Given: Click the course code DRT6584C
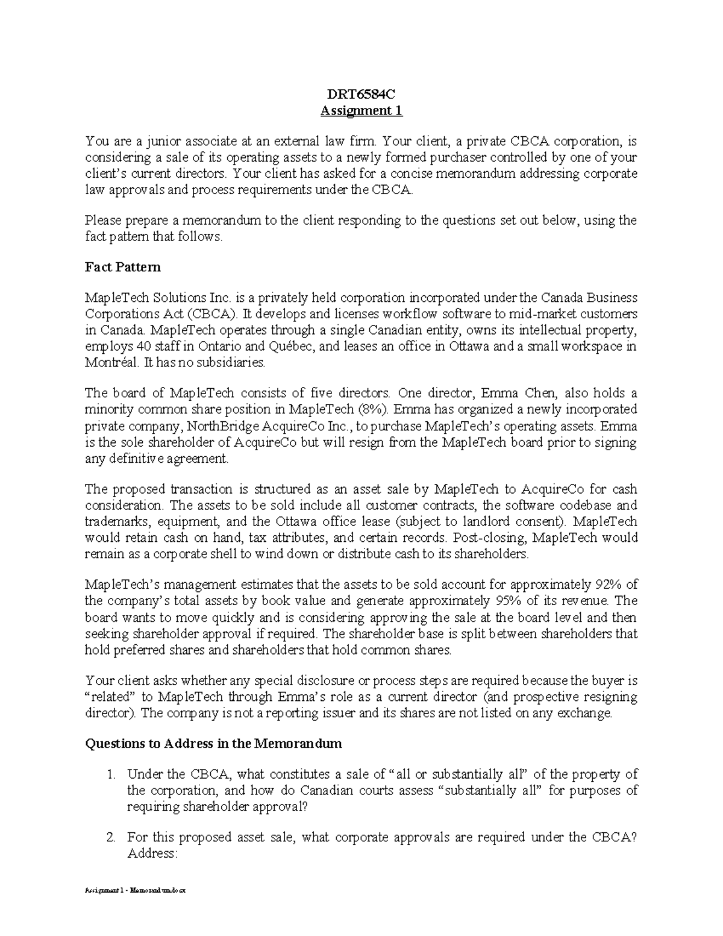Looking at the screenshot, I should pos(361,95).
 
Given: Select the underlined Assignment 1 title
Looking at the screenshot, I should pos(361,111).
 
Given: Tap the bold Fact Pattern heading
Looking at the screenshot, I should pos(122,266).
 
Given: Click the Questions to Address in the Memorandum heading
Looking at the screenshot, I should pos(213,743).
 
